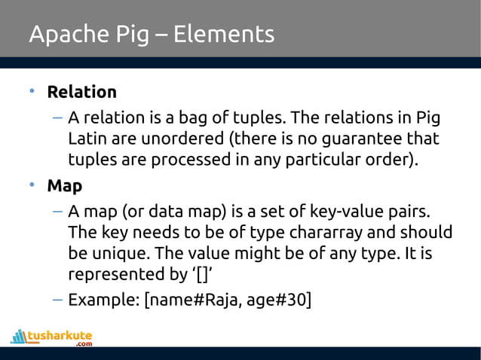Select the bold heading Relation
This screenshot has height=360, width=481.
click(x=82, y=93)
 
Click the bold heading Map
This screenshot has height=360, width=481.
click(x=65, y=185)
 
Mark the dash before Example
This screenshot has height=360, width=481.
click(x=57, y=299)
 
